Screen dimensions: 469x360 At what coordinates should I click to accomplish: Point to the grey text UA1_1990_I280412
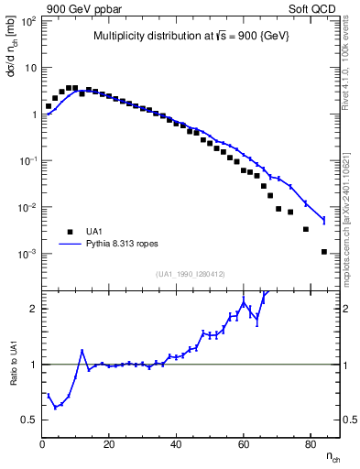(191, 274)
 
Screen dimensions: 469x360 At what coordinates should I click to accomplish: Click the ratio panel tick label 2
(33, 309)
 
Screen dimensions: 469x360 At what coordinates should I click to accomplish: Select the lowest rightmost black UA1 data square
(324, 251)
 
